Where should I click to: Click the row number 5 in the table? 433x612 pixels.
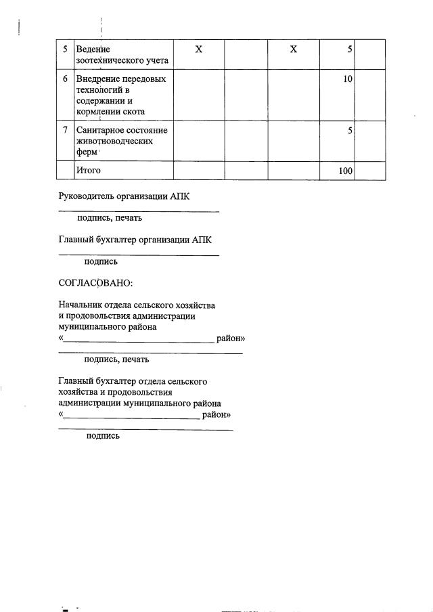(65, 49)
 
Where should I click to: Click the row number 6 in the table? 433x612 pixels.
(65, 79)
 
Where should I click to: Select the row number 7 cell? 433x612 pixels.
(65, 129)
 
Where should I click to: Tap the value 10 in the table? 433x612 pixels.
(348, 79)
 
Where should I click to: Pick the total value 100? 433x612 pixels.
(346, 171)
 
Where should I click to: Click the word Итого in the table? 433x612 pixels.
(89, 171)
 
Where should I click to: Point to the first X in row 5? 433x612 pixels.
(199, 49)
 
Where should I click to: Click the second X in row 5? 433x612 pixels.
(293, 49)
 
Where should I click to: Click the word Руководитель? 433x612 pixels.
(88, 197)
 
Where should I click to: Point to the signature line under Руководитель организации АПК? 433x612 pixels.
(139, 212)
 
